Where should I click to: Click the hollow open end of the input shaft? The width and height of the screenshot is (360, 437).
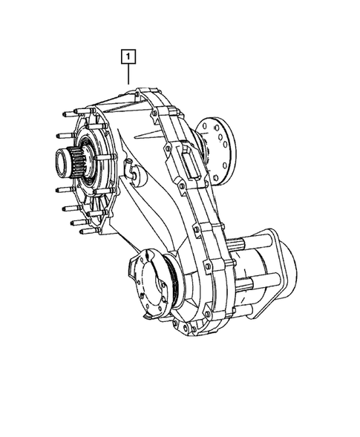click(59, 162)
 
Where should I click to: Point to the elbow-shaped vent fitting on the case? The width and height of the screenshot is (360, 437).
click(131, 172)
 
